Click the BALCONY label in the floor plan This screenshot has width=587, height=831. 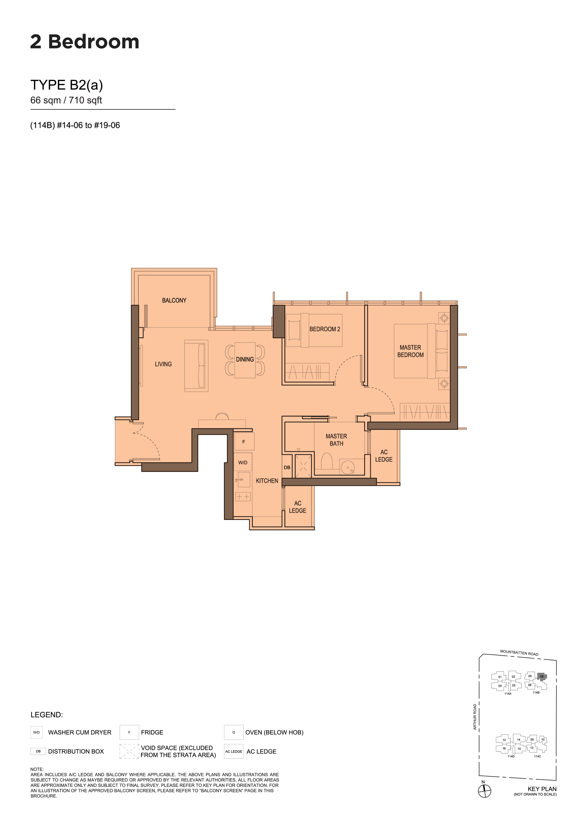click(174, 300)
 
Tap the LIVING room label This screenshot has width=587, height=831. click(163, 364)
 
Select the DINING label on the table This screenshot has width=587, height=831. click(245, 359)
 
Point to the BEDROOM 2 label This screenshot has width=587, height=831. click(325, 329)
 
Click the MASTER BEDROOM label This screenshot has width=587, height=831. click(410, 351)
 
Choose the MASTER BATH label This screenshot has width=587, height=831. click(336, 440)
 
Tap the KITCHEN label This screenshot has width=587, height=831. click(267, 481)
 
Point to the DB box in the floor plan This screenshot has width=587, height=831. click(287, 467)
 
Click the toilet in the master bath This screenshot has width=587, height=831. click(327, 461)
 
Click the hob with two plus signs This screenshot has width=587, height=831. click(243, 497)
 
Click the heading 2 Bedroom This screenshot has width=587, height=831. click(85, 42)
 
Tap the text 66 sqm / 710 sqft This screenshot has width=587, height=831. click(66, 100)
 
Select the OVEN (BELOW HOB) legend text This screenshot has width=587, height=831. click(274, 732)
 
